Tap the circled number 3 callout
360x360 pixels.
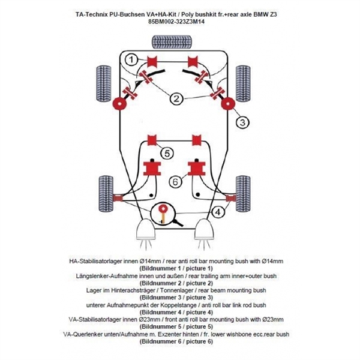click(x=241, y=122)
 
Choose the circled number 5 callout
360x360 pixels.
click(x=167, y=153)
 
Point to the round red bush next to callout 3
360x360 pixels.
click(x=227, y=104)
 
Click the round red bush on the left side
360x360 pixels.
click(x=119, y=104)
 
